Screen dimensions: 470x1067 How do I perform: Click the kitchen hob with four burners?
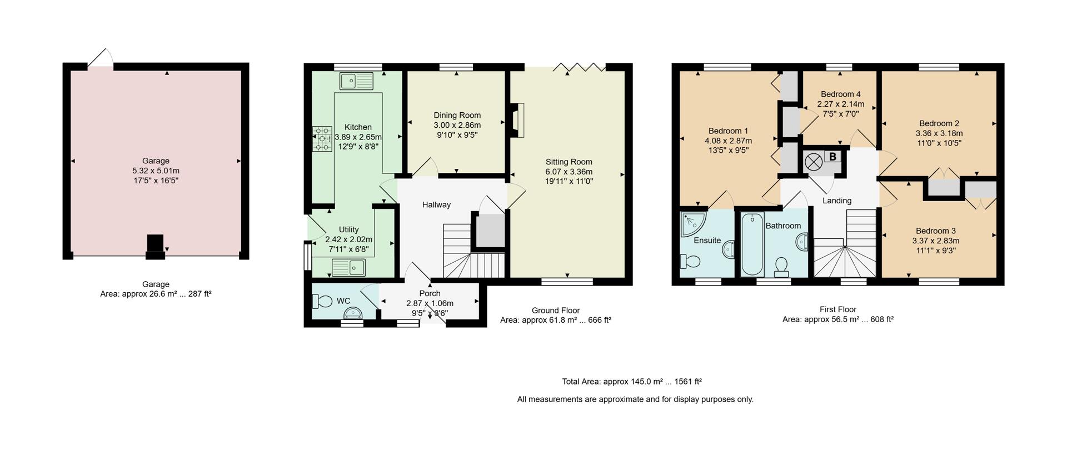click(322, 139)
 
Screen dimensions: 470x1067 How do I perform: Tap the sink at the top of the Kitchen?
click(356, 81)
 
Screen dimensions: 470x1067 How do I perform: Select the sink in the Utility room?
click(348, 268)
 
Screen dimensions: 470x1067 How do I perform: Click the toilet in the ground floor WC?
click(321, 301)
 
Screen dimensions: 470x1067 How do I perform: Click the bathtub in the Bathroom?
click(752, 244)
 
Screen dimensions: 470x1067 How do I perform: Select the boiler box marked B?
click(832, 157)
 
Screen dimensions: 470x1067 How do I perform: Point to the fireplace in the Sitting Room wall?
click(516, 120)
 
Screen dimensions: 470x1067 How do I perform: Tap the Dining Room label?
click(457, 116)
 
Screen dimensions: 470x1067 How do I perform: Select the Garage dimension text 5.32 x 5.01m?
click(156, 171)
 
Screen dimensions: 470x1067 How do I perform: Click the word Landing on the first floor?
click(836, 201)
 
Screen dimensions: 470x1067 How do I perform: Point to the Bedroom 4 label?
click(840, 94)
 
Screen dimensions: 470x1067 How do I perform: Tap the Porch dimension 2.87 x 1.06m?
click(430, 303)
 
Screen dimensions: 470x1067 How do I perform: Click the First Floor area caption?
click(837, 314)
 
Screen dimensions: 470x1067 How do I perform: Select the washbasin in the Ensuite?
click(729, 250)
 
